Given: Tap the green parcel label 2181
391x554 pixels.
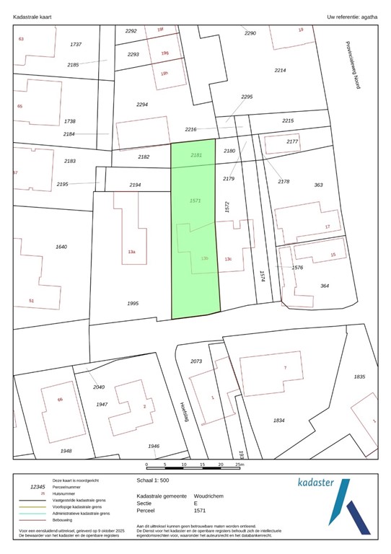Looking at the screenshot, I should point(196,155).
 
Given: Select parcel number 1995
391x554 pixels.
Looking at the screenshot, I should point(133,304).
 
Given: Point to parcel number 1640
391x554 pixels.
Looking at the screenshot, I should point(61,247).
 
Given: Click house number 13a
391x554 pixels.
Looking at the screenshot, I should point(132,252).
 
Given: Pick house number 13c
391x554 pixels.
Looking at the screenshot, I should point(228,259).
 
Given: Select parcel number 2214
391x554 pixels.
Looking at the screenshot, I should point(280,70).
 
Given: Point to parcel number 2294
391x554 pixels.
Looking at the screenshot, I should point(142,105).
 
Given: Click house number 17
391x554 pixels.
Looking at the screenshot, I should point(327,227).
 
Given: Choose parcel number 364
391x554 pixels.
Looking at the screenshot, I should point(325,286).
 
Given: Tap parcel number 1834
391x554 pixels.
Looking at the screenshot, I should point(279,420).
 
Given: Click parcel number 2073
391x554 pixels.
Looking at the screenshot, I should point(196,361).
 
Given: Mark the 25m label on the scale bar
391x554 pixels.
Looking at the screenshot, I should point(239,465).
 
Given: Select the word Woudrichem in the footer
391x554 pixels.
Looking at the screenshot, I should point(208,496).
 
